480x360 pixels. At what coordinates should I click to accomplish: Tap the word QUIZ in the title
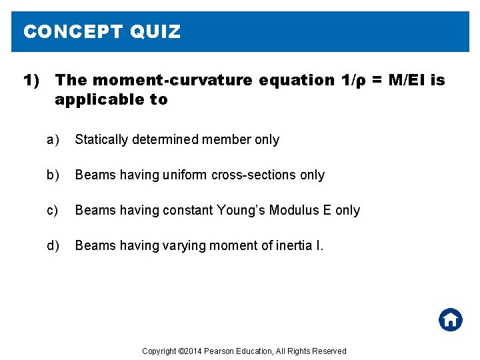click(x=155, y=32)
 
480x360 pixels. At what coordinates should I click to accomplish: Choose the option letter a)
click(x=53, y=139)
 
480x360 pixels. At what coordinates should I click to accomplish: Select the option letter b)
click(x=53, y=175)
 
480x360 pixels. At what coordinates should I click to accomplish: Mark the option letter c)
click(x=53, y=210)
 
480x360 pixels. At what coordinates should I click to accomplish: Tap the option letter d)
click(x=53, y=245)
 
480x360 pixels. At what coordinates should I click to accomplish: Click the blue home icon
click(x=451, y=319)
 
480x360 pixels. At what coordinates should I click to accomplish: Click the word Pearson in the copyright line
click(x=219, y=351)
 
